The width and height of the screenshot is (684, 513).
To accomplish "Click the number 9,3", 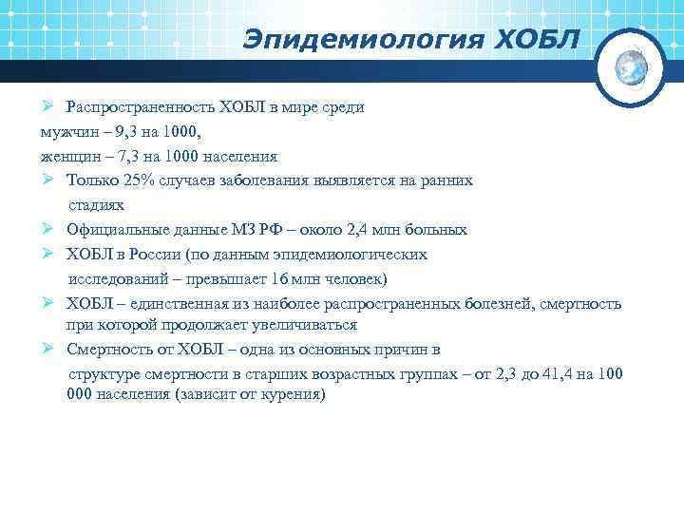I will pyautogui.click(x=112, y=131).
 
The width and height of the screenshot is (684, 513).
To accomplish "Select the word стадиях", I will pyautogui.click(x=96, y=204).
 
